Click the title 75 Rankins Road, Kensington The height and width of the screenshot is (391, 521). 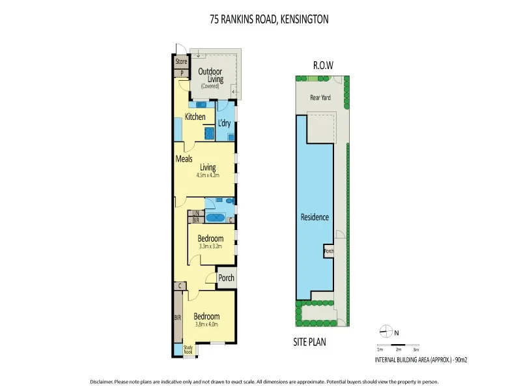tap(269, 20)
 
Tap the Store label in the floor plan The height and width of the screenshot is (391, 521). tap(181, 62)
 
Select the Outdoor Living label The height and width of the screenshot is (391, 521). tap(210, 75)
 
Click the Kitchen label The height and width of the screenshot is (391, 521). tap(195, 117)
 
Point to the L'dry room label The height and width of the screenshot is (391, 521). tap(224, 123)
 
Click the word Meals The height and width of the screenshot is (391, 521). tap(184, 158)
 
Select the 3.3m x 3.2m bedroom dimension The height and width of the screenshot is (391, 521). tap(210, 247)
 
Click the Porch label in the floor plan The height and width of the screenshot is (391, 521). tap(226, 278)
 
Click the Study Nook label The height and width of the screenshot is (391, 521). tap(188, 350)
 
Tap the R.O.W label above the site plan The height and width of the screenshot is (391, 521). tap(323, 65)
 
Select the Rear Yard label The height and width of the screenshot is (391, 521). tap(320, 98)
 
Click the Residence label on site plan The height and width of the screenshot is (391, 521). tap(315, 217)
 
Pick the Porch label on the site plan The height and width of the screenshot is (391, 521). tap(329, 251)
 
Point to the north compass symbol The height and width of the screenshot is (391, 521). tap(387, 332)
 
